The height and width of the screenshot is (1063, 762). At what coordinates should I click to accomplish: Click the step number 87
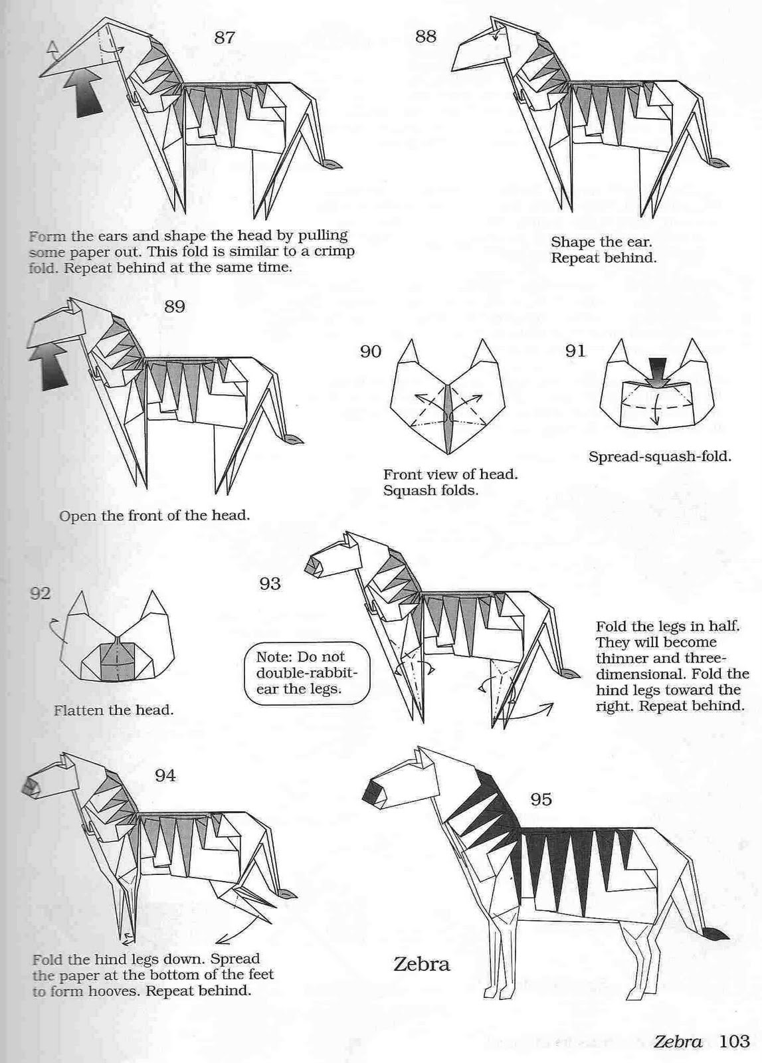point(225,37)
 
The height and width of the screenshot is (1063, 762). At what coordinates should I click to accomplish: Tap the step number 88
point(426,36)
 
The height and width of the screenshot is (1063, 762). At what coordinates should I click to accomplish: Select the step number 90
point(371,351)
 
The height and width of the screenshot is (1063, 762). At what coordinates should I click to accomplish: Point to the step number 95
point(541,800)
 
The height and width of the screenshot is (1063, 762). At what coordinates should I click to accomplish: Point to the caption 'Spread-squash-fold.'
point(660,456)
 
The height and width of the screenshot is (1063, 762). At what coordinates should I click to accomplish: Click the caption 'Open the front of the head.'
point(155,516)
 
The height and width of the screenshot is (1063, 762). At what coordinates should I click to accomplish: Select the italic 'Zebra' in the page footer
point(678,1042)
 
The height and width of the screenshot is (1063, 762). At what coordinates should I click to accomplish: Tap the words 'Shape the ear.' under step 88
point(601,242)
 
